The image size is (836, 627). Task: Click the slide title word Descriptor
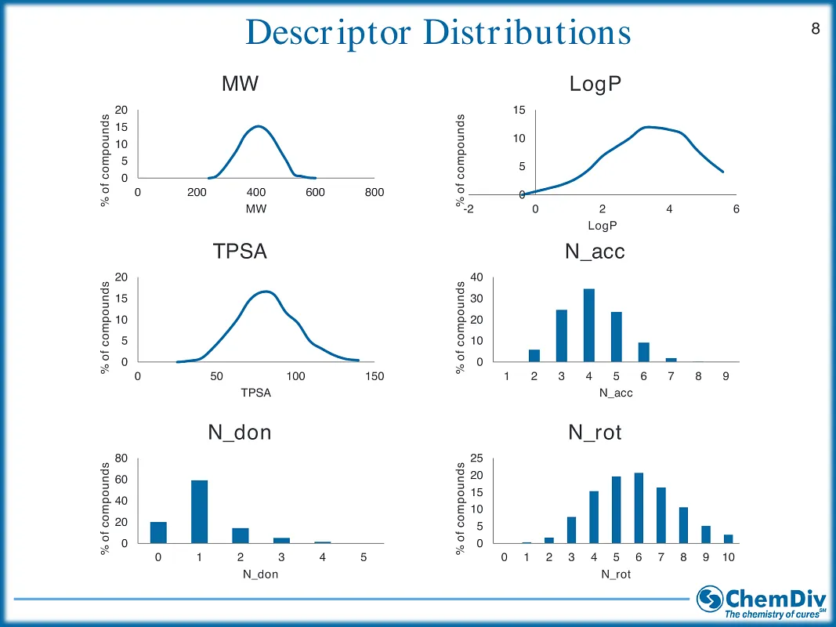point(328,33)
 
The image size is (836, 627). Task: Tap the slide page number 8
point(815,28)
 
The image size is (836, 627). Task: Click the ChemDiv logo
point(762,602)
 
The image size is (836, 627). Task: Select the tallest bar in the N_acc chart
point(588,325)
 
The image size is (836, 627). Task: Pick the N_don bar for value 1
point(200,512)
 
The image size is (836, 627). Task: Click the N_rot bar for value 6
point(639,508)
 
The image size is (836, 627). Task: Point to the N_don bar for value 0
point(158,533)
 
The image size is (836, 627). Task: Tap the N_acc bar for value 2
point(534,356)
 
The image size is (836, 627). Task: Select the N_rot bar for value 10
point(729,539)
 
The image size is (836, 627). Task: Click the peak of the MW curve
point(258,126)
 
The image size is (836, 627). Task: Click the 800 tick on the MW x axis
point(375,193)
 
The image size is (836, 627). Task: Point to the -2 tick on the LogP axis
point(469,209)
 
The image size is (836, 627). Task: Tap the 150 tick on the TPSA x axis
point(375,376)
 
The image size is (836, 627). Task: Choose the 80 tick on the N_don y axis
point(121,458)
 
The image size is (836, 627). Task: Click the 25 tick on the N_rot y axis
point(476,458)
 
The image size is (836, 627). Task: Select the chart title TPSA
point(240,251)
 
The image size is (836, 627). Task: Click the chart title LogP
point(595,84)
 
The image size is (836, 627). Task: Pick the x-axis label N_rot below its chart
point(616,574)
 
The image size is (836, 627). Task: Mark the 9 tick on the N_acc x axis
point(726,376)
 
